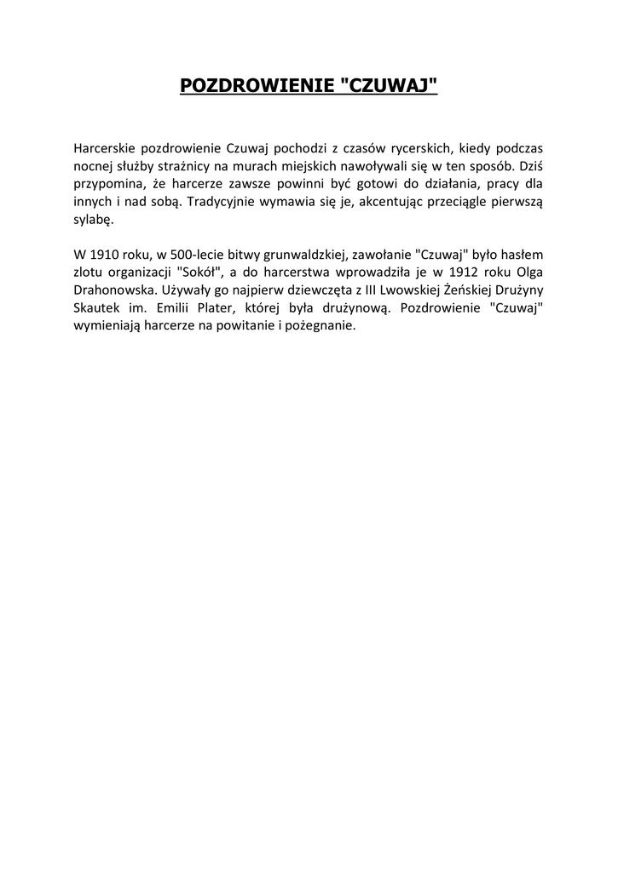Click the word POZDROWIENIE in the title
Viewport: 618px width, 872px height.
(257, 86)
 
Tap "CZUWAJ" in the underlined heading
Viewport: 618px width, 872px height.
(389, 86)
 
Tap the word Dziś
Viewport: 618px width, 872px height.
(532, 165)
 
